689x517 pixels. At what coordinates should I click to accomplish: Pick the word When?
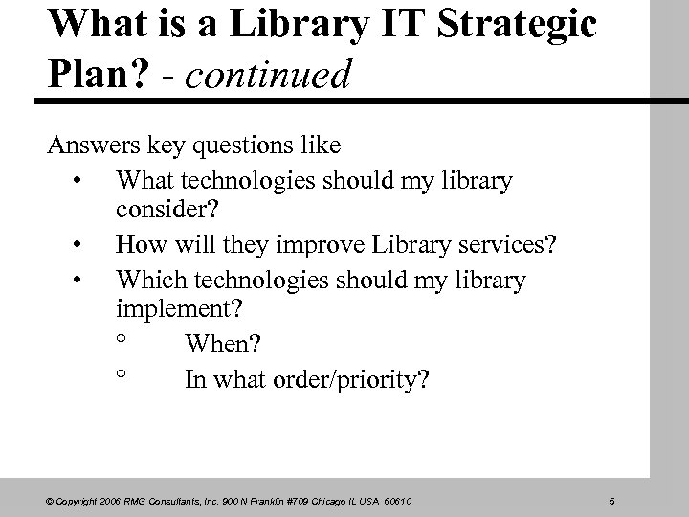tap(225, 343)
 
